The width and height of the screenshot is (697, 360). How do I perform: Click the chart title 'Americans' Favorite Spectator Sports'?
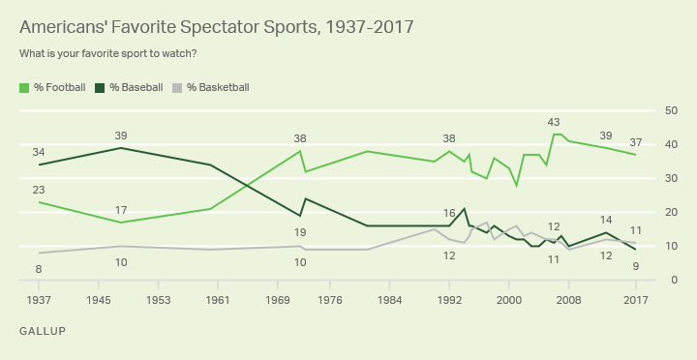tap(216, 26)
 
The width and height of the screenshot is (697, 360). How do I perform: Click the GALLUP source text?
tap(42, 331)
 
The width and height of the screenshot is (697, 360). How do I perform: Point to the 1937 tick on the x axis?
tap(39, 300)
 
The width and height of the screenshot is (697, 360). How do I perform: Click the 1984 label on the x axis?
tap(390, 300)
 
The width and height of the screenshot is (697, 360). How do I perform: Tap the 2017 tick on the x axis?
tap(635, 300)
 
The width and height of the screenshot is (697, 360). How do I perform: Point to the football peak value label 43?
tap(554, 122)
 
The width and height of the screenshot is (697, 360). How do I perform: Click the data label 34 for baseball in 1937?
tap(39, 152)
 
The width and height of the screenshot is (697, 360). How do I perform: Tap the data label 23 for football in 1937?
tap(39, 190)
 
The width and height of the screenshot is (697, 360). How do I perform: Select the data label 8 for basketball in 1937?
tap(39, 269)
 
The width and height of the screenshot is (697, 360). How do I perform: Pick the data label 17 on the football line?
tap(121, 210)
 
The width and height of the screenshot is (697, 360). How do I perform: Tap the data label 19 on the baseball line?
tap(300, 232)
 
